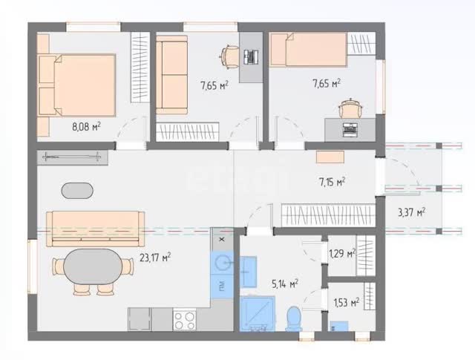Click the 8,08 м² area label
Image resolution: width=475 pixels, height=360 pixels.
click(86, 126)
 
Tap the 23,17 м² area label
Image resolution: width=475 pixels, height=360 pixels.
click(155, 258)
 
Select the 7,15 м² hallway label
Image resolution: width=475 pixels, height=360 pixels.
click(332, 182)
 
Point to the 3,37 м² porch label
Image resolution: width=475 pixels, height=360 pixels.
click(411, 212)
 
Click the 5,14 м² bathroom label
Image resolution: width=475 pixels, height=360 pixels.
click(285, 284)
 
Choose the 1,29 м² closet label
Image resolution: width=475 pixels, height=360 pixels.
click(342, 253)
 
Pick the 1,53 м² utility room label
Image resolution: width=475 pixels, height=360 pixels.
click(347, 302)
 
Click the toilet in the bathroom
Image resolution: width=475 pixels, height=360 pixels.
click(294, 318)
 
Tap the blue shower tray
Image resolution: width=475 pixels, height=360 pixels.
click(258, 314)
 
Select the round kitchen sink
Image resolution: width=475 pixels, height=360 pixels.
click(223, 263)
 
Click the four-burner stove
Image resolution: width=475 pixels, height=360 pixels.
click(185, 320)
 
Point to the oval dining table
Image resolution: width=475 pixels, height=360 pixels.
click(93, 266)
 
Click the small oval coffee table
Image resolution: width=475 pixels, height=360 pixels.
click(77, 191)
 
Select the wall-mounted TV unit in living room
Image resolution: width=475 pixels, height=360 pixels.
click(73, 157)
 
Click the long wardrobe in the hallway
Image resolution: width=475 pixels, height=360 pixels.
click(328, 215)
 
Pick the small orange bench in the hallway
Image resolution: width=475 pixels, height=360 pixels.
click(330, 157)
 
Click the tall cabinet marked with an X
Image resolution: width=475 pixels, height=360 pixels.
click(222, 239)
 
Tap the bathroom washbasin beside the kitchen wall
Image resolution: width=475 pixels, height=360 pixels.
click(249, 272)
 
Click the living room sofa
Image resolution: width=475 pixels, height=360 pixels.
click(96, 229)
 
